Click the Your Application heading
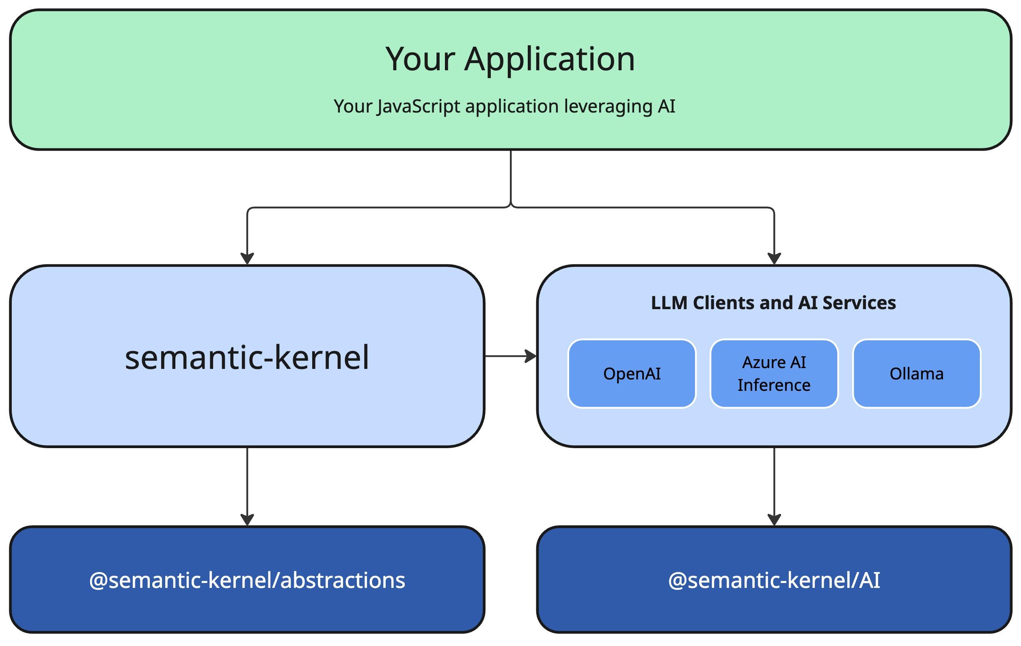click(x=510, y=59)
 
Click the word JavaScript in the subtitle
click(x=419, y=106)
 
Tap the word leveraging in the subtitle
click(x=608, y=106)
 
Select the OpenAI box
click(x=632, y=373)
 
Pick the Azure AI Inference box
click(x=774, y=373)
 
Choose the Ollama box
click(x=916, y=373)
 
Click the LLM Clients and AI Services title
click(x=773, y=303)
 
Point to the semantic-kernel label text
click(x=247, y=358)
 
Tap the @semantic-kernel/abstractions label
click(x=247, y=580)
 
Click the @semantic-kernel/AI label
click(x=774, y=580)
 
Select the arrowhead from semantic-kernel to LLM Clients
click(x=531, y=356)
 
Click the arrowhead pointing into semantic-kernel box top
click(x=247, y=258)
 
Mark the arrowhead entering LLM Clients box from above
click(x=774, y=258)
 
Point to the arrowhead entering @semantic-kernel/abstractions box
click(x=247, y=520)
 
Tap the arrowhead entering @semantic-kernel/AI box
click(x=774, y=520)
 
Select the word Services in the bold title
click(x=859, y=303)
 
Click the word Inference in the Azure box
click(x=774, y=386)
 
